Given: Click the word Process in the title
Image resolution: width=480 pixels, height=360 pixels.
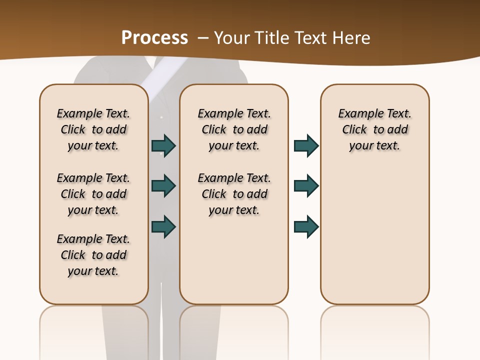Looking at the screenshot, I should pyautogui.click(x=154, y=37).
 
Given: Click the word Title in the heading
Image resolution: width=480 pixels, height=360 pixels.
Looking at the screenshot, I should pyautogui.click(x=272, y=38).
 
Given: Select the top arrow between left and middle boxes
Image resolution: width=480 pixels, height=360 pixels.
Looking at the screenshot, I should pyautogui.click(x=163, y=145).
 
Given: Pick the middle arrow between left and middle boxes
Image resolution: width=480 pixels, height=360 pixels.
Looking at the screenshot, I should pyautogui.click(x=163, y=186).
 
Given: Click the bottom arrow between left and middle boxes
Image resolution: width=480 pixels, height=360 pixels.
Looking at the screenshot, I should pyautogui.click(x=163, y=226).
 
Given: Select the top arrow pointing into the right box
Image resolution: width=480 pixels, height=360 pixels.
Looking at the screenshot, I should pyautogui.click(x=306, y=145).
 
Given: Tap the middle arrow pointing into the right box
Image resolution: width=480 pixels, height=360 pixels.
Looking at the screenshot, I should pyautogui.click(x=306, y=186).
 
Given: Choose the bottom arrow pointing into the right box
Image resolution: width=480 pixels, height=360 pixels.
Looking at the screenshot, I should pyautogui.click(x=306, y=226).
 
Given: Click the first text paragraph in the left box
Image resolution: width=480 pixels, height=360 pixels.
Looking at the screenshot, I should pyautogui.click(x=93, y=129).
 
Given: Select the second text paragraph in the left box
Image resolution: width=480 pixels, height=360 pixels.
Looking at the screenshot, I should pyautogui.click(x=93, y=194).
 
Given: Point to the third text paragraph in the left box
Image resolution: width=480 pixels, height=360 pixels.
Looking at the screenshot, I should pyautogui.click(x=93, y=255).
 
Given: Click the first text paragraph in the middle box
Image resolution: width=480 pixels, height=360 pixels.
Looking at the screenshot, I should pyautogui.click(x=234, y=129).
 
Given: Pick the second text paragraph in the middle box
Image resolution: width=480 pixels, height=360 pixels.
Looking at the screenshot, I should pyautogui.click(x=234, y=194).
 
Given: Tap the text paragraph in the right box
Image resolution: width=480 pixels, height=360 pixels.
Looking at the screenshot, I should pyautogui.click(x=375, y=129).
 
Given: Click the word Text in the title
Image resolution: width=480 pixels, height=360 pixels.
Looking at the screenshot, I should pyautogui.click(x=313, y=38).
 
